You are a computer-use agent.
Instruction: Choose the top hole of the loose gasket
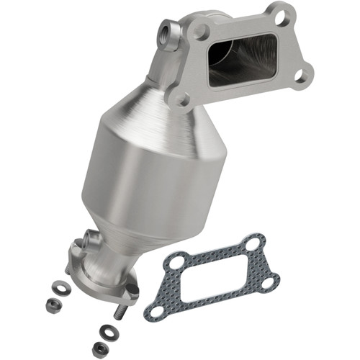(x=251, y=244)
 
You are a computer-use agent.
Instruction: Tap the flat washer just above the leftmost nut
(x=63, y=289)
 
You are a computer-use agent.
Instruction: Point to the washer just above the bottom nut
(x=104, y=334)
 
